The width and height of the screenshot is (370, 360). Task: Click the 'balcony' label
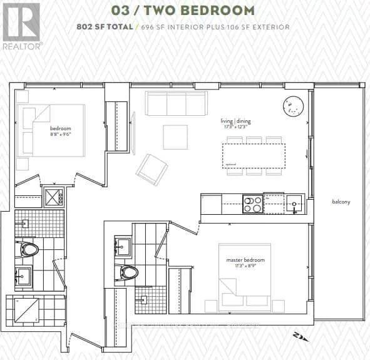[341, 202]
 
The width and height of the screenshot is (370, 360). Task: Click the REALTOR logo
[21, 25]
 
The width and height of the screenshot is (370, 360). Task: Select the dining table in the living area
[253, 155]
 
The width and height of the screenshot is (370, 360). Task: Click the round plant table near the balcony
[293, 106]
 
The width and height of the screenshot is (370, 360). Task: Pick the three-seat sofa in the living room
[177, 103]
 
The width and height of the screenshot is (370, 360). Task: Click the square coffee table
[175, 137]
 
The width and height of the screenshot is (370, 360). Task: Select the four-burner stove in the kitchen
[252, 204]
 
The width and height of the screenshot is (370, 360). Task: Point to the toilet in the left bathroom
[29, 249]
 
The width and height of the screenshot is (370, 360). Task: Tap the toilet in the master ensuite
[128, 272]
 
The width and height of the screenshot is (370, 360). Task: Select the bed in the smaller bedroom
[52, 130]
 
